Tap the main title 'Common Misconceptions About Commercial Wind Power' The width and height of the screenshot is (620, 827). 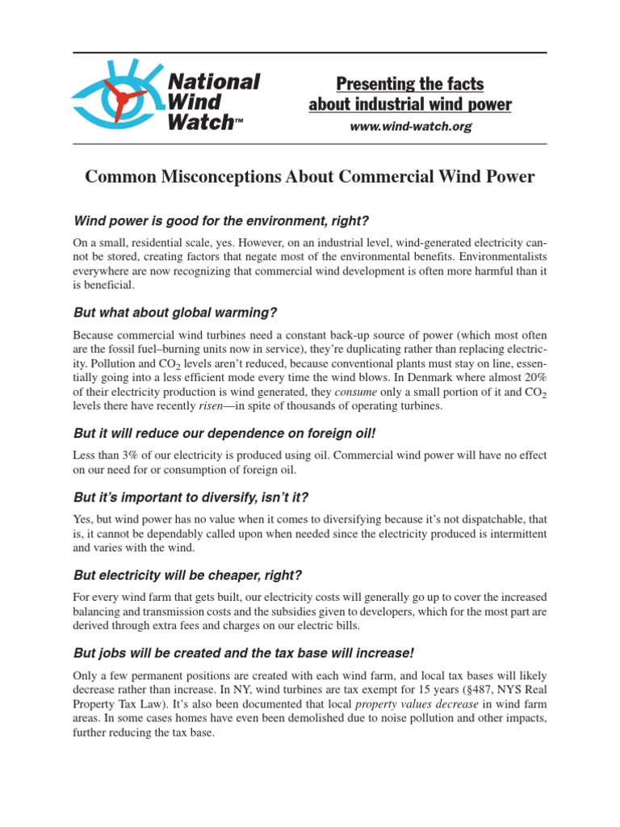pos(310,177)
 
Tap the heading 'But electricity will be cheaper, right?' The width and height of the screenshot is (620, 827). pos(187,575)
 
